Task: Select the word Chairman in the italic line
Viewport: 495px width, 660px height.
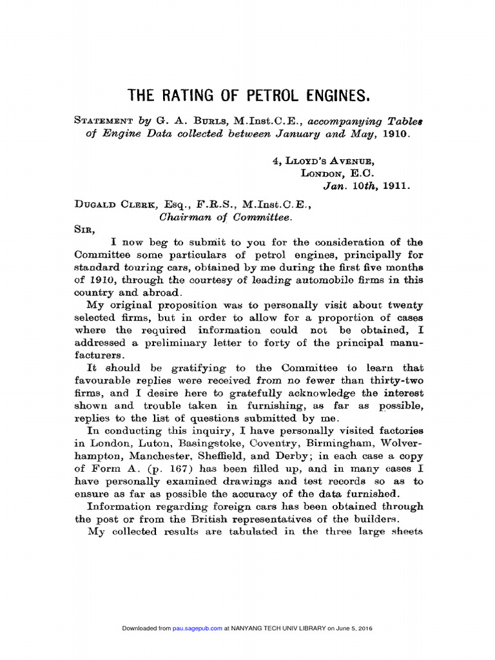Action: pyautogui.click(x=186, y=217)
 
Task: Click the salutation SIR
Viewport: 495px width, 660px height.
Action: pyautogui.click(x=84, y=229)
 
